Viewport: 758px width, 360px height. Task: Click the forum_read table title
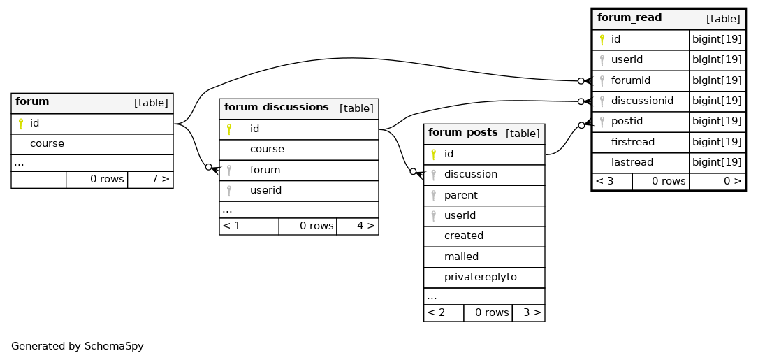629,18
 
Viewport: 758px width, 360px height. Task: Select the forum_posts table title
462,133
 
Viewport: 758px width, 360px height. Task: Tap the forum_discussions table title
277,108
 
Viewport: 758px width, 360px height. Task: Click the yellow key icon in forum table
21,124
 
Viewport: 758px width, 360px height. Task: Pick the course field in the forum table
47,144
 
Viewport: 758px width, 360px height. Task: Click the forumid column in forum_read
630,80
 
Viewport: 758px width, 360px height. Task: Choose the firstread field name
633,142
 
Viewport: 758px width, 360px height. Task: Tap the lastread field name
632,162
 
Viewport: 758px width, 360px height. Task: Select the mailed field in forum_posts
461,257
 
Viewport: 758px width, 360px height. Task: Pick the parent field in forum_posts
460,195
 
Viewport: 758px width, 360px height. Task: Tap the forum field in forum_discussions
265,170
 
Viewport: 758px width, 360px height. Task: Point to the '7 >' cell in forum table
161,179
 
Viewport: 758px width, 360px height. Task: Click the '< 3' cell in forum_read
604,181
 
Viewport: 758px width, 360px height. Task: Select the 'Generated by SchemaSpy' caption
78,347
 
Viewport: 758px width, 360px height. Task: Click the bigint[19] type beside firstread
717,142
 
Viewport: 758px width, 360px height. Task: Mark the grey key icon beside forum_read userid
602,60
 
